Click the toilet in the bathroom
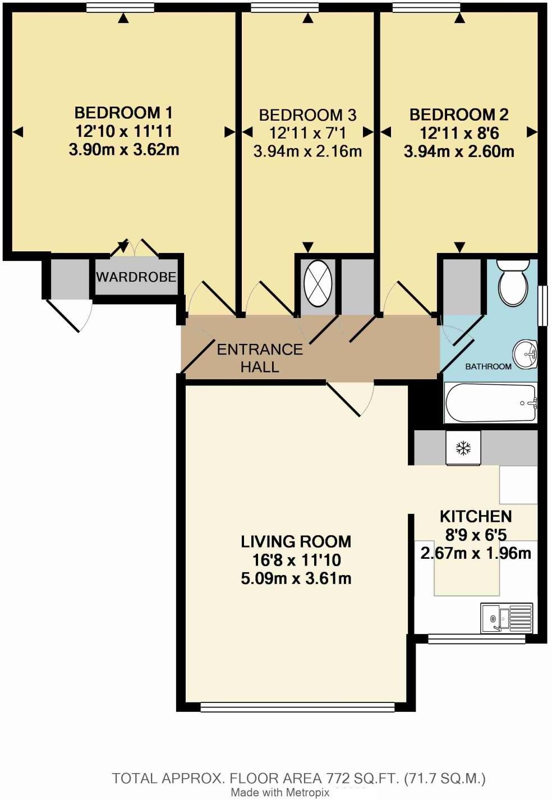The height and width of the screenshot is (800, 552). [513, 283]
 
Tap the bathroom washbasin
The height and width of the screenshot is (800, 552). [526, 352]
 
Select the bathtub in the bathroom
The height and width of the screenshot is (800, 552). [490, 403]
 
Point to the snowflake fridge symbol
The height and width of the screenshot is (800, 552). [463, 448]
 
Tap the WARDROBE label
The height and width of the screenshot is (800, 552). [136, 277]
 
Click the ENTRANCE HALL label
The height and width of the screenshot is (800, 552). [260, 358]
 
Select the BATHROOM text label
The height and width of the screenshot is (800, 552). [488, 366]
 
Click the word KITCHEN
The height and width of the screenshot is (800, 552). [475, 516]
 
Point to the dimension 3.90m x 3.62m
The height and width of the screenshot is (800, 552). [123, 150]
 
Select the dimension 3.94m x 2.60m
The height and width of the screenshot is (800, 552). [458, 151]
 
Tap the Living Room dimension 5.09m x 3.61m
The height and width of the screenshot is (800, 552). [296, 578]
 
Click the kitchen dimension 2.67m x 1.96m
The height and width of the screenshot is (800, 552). [475, 554]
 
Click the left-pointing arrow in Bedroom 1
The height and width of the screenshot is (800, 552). [18, 132]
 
